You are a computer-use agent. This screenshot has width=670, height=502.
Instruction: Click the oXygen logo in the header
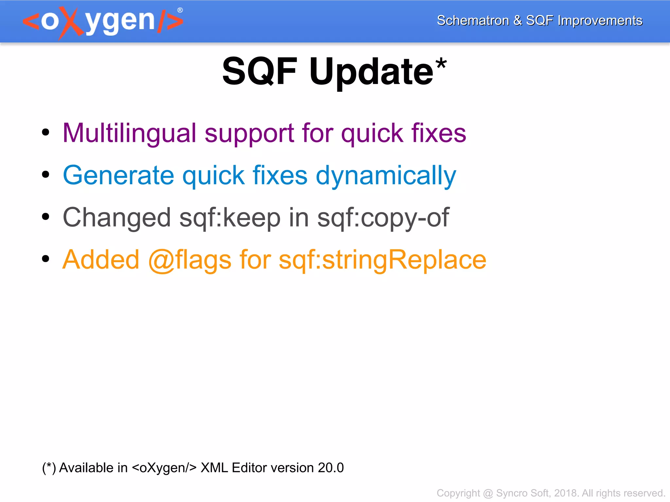tap(103, 22)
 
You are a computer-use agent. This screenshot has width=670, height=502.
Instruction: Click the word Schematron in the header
tap(473, 21)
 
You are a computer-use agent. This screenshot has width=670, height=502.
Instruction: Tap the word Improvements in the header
tap(600, 21)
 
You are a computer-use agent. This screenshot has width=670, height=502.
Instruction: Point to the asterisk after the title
tap(441, 63)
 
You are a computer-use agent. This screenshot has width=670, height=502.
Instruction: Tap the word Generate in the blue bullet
tap(118, 176)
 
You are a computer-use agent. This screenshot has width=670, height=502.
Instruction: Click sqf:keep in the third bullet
tap(230, 218)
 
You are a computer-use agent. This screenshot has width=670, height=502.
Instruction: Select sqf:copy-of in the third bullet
tap(383, 218)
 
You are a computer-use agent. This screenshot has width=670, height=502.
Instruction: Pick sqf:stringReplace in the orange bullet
tap(382, 260)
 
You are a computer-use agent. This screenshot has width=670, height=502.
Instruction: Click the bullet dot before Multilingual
tap(46, 132)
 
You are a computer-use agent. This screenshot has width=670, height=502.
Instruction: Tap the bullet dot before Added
tap(46, 259)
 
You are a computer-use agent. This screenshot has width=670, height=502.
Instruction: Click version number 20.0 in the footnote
tap(331, 468)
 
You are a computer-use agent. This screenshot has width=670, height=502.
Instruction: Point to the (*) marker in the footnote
tap(49, 468)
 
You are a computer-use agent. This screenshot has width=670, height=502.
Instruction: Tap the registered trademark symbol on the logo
tap(180, 10)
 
